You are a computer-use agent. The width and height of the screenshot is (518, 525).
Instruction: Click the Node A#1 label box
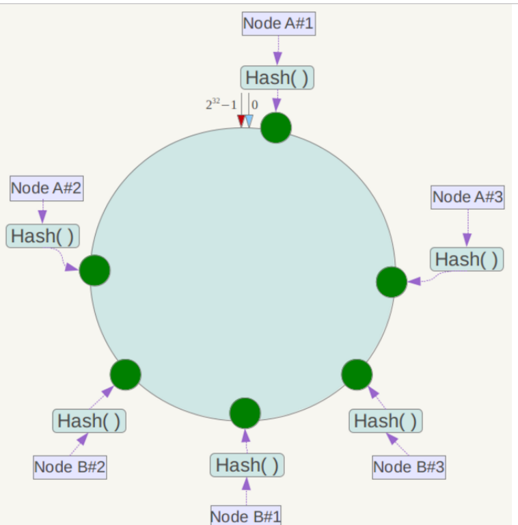[278, 23]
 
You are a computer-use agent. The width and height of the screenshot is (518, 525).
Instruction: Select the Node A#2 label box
[46, 188]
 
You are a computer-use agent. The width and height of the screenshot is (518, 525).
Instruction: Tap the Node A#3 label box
[468, 198]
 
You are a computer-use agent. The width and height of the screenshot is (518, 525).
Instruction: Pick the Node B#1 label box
[246, 515]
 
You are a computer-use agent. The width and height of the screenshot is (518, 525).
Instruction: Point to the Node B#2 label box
[70, 467]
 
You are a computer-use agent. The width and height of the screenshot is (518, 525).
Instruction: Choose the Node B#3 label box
[409, 467]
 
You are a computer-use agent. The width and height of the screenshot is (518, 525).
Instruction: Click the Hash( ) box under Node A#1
[277, 78]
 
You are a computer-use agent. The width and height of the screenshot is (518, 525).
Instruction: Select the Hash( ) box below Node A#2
[42, 237]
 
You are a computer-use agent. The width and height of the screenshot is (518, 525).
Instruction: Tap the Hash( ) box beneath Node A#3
[467, 260]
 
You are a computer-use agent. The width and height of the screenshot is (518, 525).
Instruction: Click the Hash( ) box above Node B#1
[247, 466]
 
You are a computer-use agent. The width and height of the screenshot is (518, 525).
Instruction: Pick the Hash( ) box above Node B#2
[89, 421]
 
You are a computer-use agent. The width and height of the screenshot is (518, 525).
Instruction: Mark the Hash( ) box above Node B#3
[385, 421]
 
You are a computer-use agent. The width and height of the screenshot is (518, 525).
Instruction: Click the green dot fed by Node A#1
[276, 128]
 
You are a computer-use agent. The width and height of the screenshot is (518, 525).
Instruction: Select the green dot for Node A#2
[94, 271]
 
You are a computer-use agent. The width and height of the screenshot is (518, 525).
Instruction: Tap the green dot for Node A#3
[392, 282]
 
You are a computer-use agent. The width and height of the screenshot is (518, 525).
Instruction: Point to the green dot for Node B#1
[245, 413]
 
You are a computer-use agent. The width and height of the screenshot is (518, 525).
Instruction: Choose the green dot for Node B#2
[125, 374]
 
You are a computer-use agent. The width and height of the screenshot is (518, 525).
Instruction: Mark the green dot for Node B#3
[356, 374]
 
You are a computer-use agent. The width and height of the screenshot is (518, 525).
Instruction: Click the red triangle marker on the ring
[241, 121]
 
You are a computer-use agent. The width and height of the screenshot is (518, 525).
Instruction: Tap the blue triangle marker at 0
[249, 121]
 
